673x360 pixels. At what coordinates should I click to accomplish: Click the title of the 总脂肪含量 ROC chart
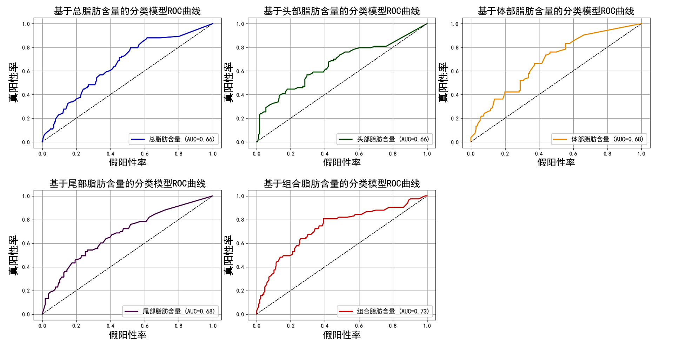tap(127, 11)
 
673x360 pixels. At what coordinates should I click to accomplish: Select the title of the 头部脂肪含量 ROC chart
tap(342, 11)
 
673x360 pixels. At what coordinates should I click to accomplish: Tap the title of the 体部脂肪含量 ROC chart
tap(556, 11)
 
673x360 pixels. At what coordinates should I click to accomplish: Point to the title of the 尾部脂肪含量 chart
tap(127, 184)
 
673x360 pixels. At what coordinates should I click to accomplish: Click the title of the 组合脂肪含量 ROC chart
tap(342, 184)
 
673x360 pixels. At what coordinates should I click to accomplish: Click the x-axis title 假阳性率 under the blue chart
tap(127, 162)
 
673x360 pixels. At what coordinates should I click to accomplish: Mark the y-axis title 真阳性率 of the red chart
tap(228, 255)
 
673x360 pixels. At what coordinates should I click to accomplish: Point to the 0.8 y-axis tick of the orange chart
tap(454, 48)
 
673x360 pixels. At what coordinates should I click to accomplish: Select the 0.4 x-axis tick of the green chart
tap(325, 154)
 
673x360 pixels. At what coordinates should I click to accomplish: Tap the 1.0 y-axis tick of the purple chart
tap(26, 196)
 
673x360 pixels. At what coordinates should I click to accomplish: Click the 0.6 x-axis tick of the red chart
tap(359, 326)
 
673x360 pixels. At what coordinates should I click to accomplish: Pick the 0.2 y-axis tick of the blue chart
tap(26, 119)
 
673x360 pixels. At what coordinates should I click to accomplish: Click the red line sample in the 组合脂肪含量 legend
tap(346, 311)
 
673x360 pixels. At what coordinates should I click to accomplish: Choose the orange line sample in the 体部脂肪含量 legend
tap(560, 139)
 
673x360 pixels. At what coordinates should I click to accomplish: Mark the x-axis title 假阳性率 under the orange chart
tap(556, 162)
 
